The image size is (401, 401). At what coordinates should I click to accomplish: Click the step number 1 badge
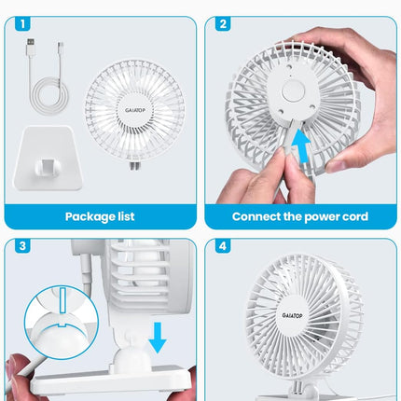pyautogui.click(x=22, y=24)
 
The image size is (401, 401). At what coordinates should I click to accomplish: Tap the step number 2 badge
pyautogui.click(x=223, y=24)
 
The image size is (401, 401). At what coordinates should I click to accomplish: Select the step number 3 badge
pyautogui.click(x=22, y=246)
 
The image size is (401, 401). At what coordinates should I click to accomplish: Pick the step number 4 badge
pyautogui.click(x=223, y=246)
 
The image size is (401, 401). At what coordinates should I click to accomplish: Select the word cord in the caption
pyautogui.click(x=356, y=216)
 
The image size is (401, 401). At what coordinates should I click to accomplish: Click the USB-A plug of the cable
pyautogui.click(x=31, y=47)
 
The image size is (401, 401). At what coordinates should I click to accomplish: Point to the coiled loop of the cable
pyautogui.click(x=49, y=96)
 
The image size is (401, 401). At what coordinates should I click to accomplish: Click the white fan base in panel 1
pyautogui.click(x=48, y=158)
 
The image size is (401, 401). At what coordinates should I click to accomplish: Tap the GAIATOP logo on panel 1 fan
pyautogui.click(x=135, y=110)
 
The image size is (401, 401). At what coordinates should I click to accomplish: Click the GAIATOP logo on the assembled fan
pyautogui.click(x=292, y=315)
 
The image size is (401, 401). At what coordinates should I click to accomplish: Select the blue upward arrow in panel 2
pyautogui.click(x=300, y=146)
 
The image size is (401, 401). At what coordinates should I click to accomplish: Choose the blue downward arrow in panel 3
pyautogui.click(x=158, y=338)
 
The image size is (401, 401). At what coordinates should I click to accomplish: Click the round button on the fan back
pyautogui.click(x=293, y=90)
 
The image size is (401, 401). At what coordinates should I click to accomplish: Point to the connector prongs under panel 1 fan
pyautogui.click(x=134, y=166)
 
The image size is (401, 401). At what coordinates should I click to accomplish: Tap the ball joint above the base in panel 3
pyautogui.click(x=131, y=357)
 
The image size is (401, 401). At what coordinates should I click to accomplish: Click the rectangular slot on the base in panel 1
pyautogui.click(x=48, y=167)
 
